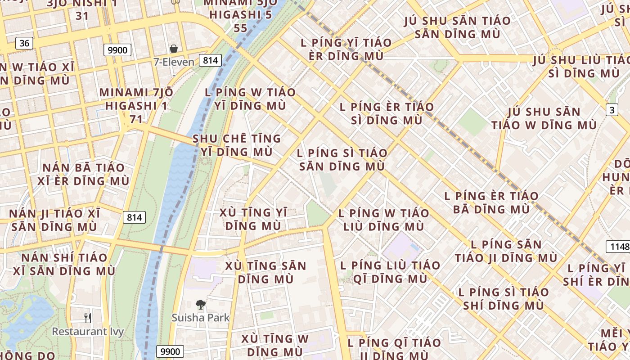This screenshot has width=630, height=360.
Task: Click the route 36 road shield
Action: coord(24,43)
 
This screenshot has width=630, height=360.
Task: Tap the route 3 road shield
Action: coord(612,110)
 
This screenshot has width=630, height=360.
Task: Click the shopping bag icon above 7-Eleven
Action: coord(174,49)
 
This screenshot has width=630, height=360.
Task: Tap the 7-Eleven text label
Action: coord(174,62)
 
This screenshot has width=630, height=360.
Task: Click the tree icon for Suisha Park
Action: coord(200,305)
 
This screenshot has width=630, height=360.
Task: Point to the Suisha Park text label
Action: coord(200,318)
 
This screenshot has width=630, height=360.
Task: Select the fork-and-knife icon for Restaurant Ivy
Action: coord(88,318)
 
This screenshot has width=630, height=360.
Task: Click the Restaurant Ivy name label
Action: coord(88,332)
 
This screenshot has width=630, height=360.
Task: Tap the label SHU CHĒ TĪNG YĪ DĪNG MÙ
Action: coord(237,145)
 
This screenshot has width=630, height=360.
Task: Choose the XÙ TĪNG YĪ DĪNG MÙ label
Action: coord(253,219)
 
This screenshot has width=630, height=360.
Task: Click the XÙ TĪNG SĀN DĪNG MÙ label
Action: coord(265,272)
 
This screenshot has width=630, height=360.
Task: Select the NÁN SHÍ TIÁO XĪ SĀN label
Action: coord(64,265)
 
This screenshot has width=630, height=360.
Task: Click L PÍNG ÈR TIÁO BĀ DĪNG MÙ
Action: coord(491,202)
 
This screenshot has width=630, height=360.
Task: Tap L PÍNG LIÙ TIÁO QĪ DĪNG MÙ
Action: coord(383,272)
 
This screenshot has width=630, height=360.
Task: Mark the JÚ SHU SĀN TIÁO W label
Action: coord(544,118)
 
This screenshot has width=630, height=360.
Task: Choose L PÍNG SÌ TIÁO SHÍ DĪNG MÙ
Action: coord(504,299)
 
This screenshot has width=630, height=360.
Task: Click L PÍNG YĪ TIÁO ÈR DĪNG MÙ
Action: coord(346,49)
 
